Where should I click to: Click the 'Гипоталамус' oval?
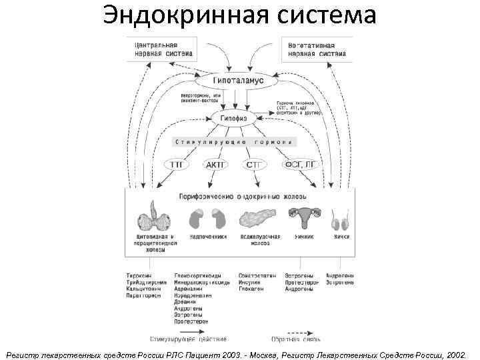coord(239,80)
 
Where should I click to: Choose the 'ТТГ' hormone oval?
coord(177,164)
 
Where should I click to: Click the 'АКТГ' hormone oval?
coord(216,164)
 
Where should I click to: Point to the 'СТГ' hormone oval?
coord(254,164)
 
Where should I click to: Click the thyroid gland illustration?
coord(155,217)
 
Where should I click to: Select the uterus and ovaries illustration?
coord(303,215)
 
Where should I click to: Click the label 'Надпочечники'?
coord(208,237)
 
